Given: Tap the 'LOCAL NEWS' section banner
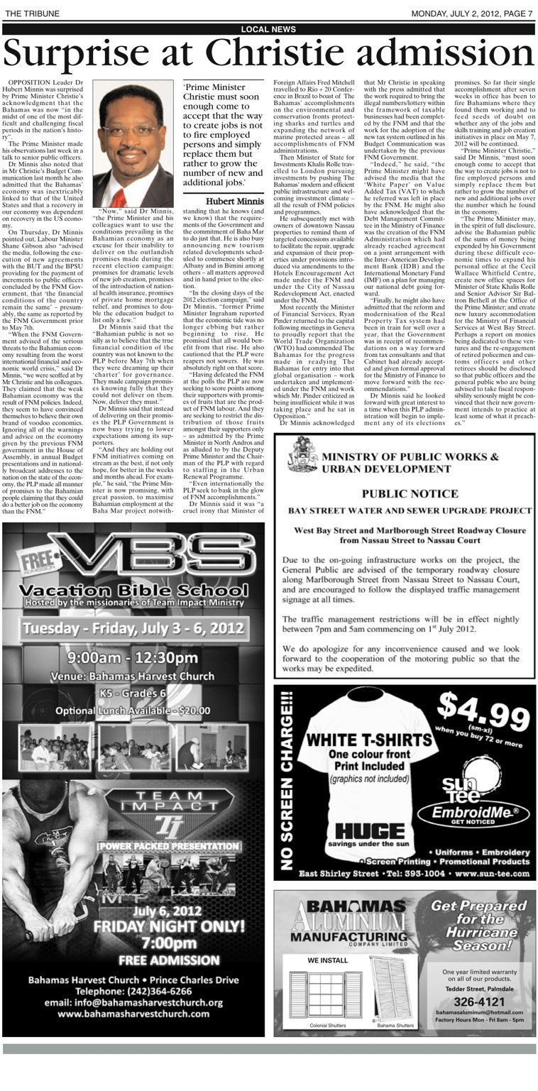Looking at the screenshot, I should (268, 29).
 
